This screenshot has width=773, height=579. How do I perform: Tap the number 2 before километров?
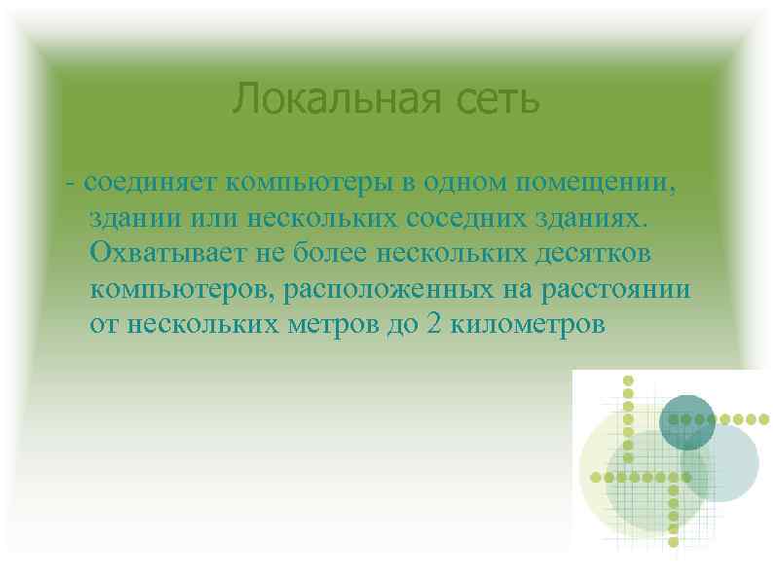point(432,324)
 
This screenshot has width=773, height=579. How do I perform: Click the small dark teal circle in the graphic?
point(687,421)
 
